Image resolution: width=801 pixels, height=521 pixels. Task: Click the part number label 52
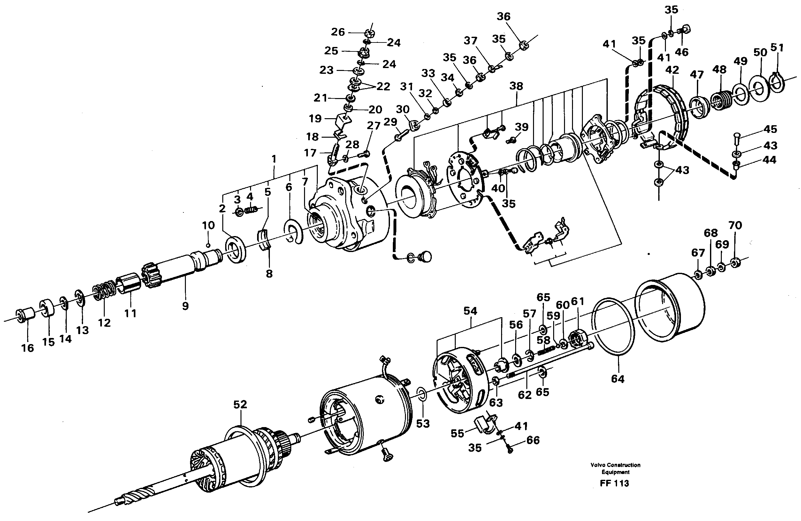pyautogui.click(x=240, y=404)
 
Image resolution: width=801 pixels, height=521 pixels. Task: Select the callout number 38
pyautogui.click(x=516, y=86)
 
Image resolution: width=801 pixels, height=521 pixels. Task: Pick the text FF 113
pyautogui.click(x=614, y=483)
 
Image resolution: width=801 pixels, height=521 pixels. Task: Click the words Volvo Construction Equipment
pyautogui.click(x=615, y=468)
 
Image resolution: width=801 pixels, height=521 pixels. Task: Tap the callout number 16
pyautogui.click(x=27, y=348)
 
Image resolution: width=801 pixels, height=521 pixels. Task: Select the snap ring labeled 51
pyautogui.click(x=777, y=83)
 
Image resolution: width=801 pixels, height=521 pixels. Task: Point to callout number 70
pyautogui.click(x=735, y=225)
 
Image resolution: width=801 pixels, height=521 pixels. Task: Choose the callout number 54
pyautogui.click(x=470, y=311)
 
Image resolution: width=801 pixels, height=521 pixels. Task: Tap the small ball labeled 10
pyautogui.click(x=208, y=245)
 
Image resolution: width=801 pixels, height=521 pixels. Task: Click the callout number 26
pyautogui.click(x=338, y=32)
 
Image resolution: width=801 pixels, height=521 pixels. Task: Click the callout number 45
pyautogui.click(x=770, y=129)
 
